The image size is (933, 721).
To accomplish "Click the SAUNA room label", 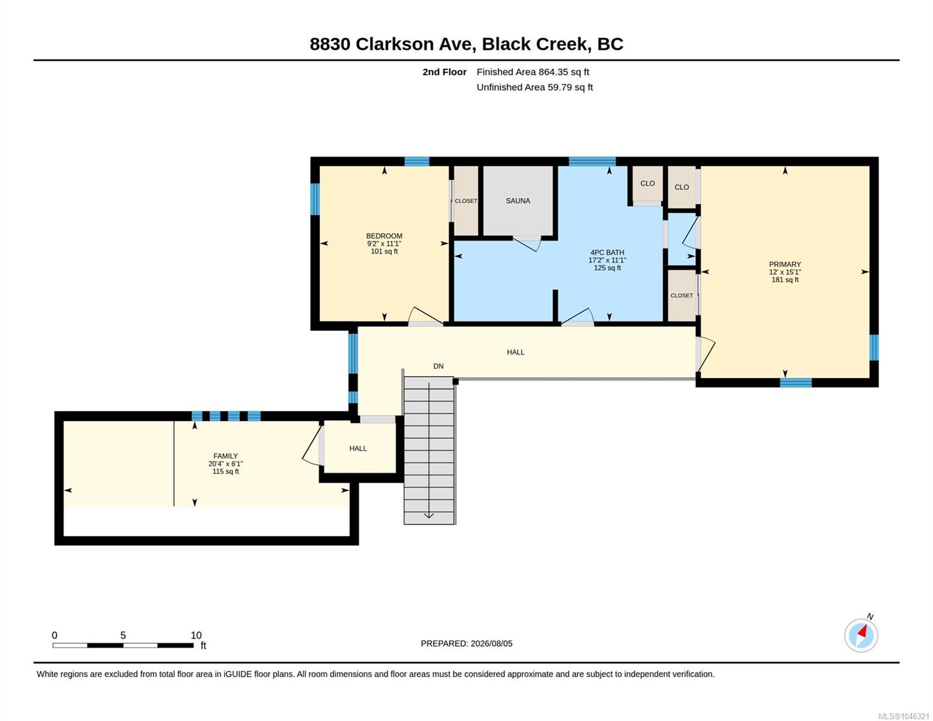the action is pos(517,201).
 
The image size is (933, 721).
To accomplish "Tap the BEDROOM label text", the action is pos(384,236).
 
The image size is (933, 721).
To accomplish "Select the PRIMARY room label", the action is pos(785,264).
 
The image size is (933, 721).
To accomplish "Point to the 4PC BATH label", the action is pos(607,252).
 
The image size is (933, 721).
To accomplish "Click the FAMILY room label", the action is pos(225,456).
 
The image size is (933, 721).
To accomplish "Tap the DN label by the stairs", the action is pos(438,366).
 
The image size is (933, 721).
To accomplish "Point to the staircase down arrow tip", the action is pos(428,518).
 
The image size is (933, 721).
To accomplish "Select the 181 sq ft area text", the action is pos(785,279).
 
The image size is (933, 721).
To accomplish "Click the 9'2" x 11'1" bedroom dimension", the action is pos(384,243).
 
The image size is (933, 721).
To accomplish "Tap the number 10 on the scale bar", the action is pos(196,635).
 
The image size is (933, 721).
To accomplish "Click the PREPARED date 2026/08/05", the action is pos(491,643).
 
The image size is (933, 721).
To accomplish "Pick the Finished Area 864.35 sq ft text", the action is pos(532,72).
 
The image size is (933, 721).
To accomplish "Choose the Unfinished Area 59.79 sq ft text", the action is pos(534,87).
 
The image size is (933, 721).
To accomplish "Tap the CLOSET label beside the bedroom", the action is pos(466,201).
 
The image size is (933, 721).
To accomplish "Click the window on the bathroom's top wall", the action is pos(592,162).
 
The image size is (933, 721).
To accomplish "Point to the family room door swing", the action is pos(312,445).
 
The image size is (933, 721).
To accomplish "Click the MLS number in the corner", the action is pos(904,716).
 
